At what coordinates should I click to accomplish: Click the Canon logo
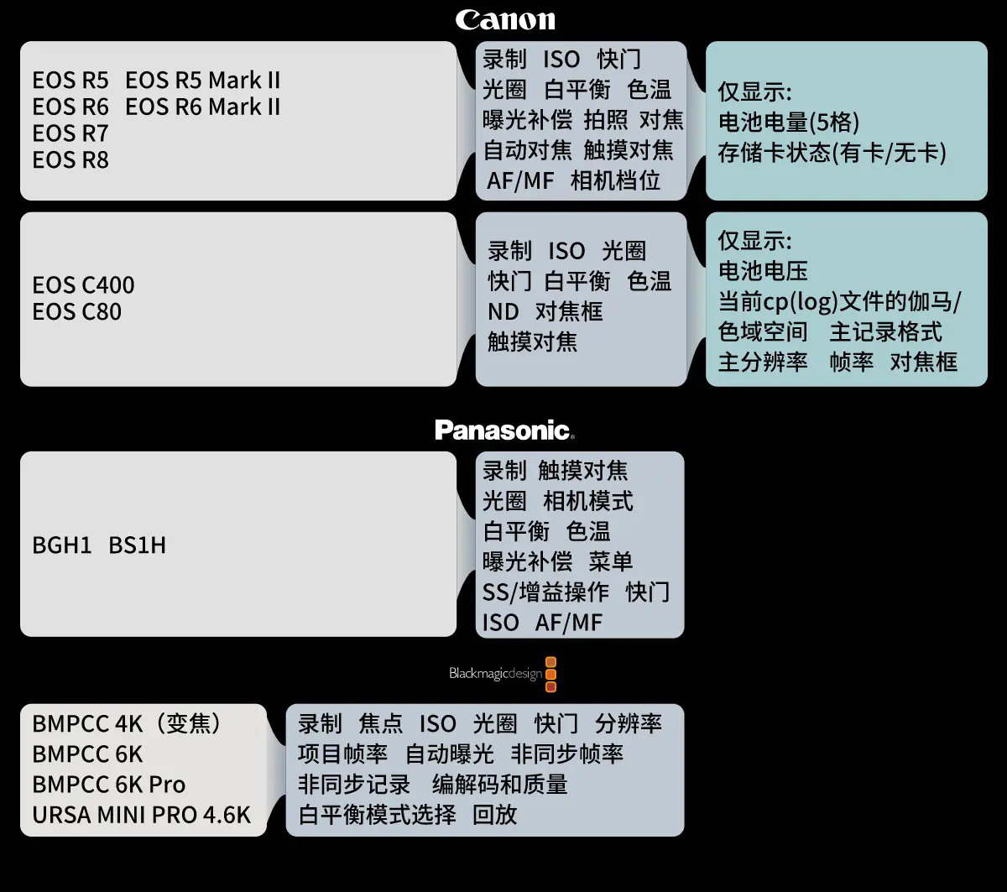coord(505,19)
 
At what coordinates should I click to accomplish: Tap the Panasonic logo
coord(504,430)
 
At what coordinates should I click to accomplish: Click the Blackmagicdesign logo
coord(503,674)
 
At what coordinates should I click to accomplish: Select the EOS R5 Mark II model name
coord(202,81)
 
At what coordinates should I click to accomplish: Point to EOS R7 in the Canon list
coord(70,133)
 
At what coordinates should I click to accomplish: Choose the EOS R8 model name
coord(70,159)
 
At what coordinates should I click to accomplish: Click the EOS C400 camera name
coord(83,285)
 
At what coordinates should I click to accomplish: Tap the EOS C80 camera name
coord(76,312)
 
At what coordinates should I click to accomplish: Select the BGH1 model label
coord(61,545)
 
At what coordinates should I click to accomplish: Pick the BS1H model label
coord(138,545)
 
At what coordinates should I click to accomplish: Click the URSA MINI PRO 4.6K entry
coord(141,815)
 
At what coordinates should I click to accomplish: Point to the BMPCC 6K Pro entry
coord(109,785)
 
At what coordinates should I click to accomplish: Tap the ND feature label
coord(503,312)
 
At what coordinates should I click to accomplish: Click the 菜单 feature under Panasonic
coord(611,561)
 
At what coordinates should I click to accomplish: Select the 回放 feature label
coord(494,815)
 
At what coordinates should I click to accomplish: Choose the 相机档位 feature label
coord(615,180)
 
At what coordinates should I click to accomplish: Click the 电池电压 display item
coord(763,271)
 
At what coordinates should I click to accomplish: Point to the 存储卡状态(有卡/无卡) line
coord(832,153)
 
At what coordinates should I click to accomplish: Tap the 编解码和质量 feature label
coord(499,785)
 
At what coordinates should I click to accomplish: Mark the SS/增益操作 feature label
coord(545,592)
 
